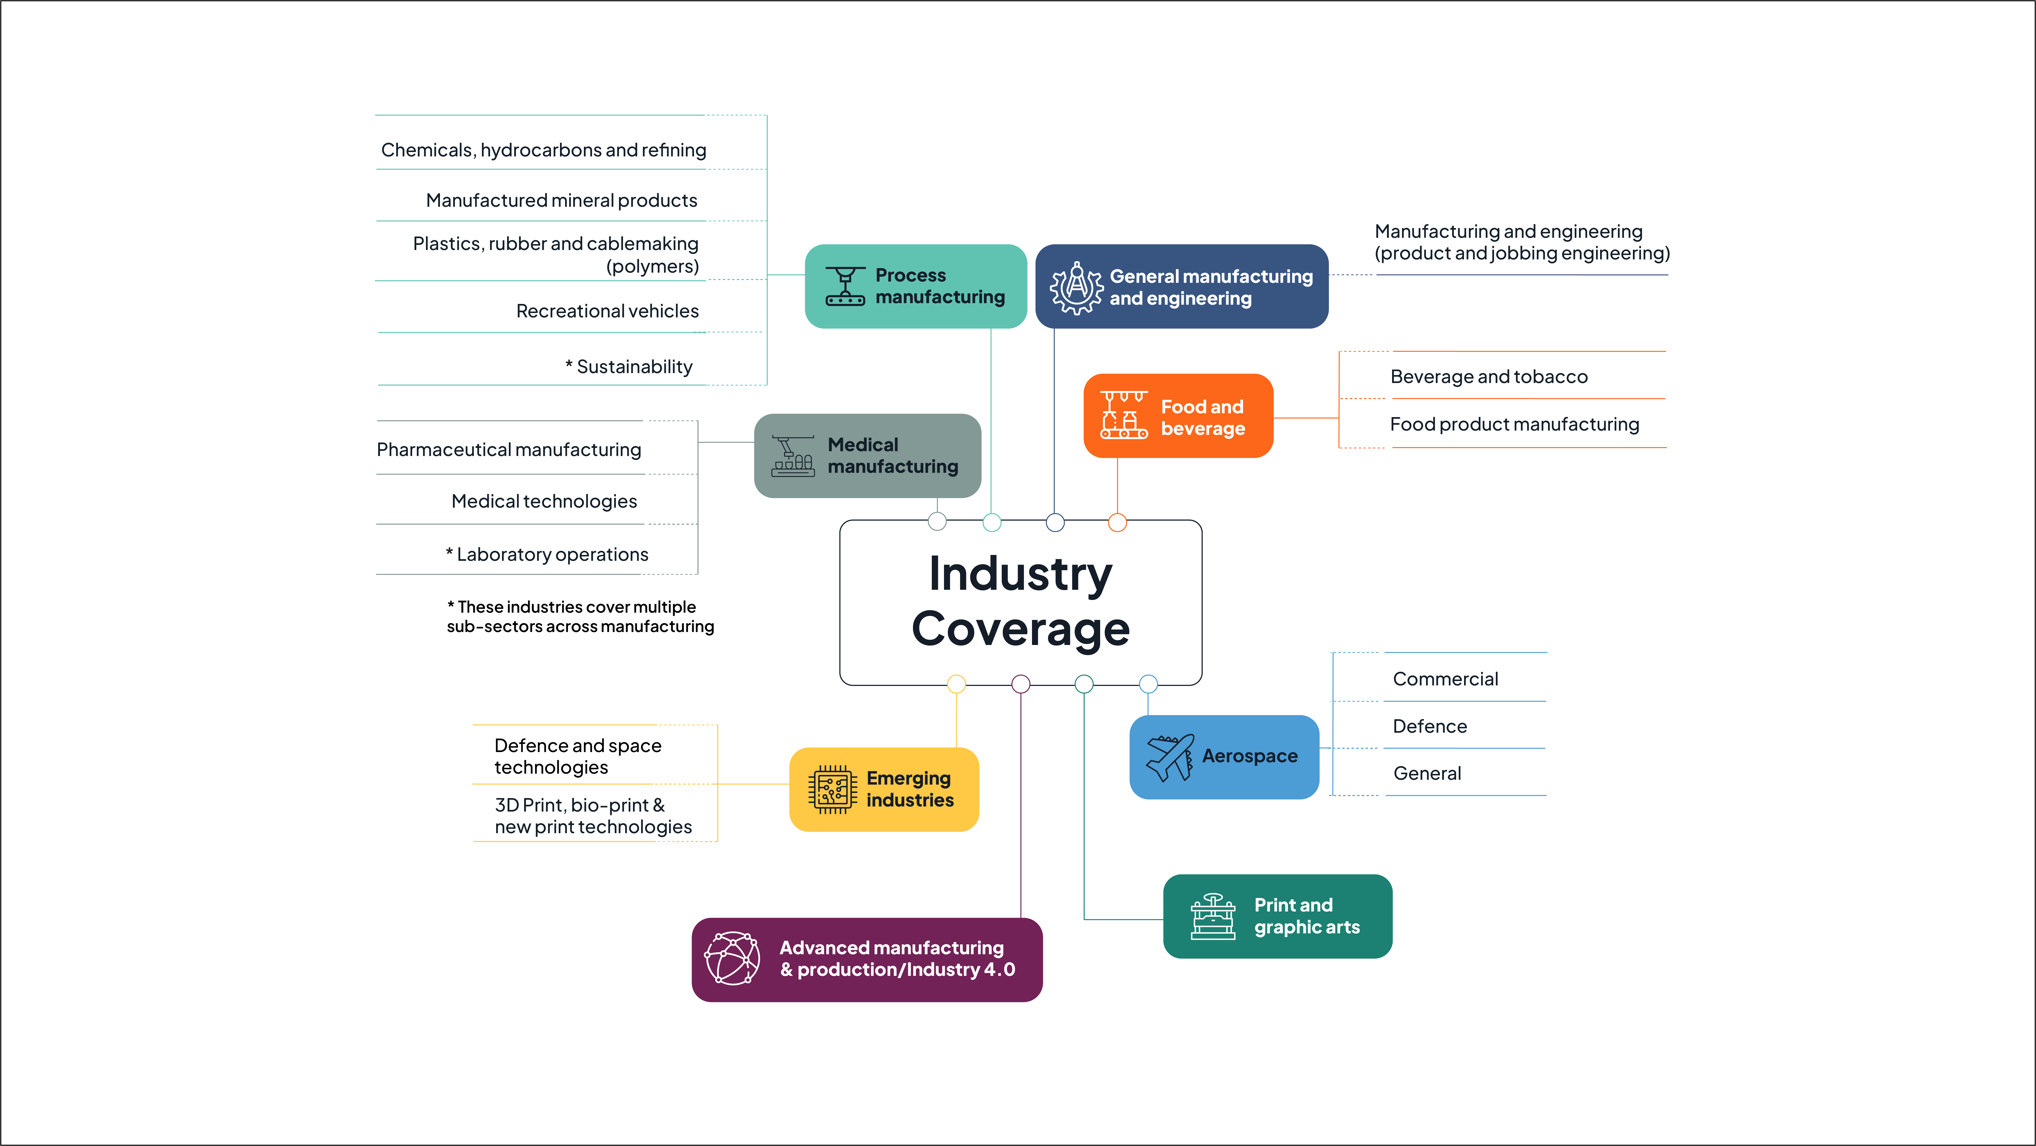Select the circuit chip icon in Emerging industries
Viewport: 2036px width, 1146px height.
click(x=832, y=789)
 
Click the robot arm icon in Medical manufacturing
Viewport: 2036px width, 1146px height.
click(x=793, y=456)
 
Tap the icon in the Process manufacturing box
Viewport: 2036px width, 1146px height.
click(x=845, y=286)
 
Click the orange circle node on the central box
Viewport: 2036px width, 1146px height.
click(x=1117, y=522)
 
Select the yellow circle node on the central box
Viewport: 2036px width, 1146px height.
click(x=956, y=684)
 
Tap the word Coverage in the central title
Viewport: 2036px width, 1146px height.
click(x=1020, y=629)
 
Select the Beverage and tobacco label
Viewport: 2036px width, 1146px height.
click(x=1488, y=377)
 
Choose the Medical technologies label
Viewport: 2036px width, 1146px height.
click(x=544, y=501)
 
